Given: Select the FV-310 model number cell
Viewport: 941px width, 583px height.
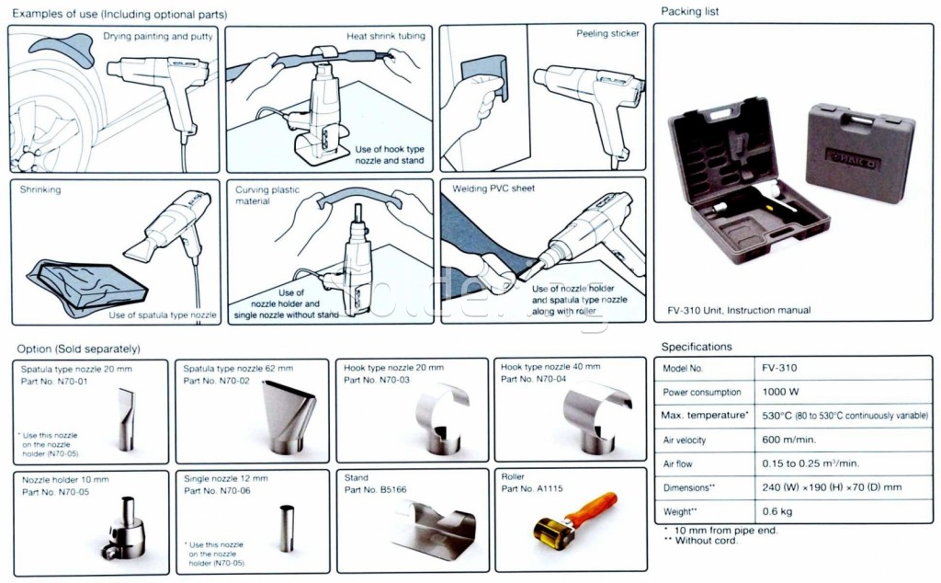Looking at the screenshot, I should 779,368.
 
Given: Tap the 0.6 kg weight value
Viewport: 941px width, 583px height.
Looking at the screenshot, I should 778,511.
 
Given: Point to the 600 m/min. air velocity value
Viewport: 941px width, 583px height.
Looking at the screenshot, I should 786,440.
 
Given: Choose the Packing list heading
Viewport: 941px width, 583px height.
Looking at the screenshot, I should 690,12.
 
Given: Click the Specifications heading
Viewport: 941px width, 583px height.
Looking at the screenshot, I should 697,347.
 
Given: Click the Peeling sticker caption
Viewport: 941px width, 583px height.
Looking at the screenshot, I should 607,34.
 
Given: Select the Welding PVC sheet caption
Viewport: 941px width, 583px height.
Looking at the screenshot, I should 493,189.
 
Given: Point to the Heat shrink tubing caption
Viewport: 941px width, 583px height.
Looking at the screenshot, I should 385,36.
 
